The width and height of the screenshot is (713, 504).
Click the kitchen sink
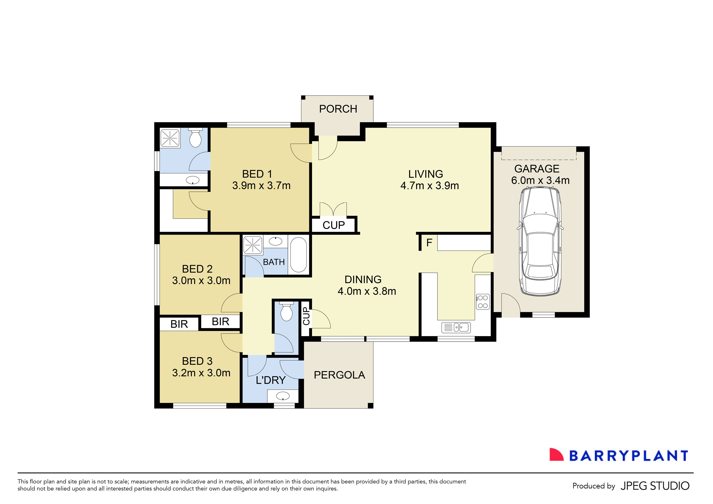coord(456,327)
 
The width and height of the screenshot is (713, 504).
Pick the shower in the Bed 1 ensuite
coord(170,138)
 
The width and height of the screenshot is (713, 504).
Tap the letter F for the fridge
coord(429,243)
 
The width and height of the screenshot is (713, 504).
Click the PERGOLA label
coord(339,375)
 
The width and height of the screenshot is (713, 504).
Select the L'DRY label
coord(271,380)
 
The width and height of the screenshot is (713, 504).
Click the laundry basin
coord(283,396)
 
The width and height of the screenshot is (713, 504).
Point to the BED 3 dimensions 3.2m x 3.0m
coord(201,373)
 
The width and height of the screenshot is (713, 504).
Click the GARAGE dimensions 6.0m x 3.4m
coord(540,180)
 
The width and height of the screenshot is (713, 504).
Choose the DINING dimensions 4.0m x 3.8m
coord(367,291)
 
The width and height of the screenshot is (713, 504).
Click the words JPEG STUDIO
coord(655,486)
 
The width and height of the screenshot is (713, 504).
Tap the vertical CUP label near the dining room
coord(306,316)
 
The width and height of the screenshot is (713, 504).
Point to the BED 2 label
coord(197,269)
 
